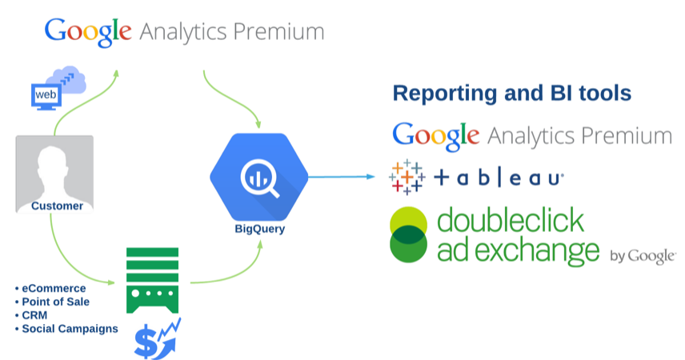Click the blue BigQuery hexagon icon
[258, 178]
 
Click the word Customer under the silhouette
[57, 206]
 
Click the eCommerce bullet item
[54, 288]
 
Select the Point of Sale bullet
[55, 302]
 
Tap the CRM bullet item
[35, 315]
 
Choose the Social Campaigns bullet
[70, 329]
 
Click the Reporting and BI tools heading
[511, 94]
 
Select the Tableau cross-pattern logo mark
[407, 178]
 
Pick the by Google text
[643, 256]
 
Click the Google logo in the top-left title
[88, 31]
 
